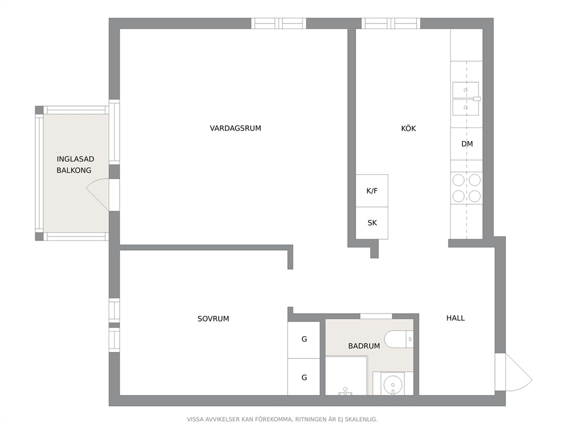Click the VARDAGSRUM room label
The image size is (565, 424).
235,128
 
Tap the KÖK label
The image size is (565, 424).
408,128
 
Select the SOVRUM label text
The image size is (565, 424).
214,319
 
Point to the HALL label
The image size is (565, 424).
456,318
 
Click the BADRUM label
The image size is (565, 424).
364,346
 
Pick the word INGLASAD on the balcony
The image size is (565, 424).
75,159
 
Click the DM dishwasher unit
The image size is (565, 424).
466,144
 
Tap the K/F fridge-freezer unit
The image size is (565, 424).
372,191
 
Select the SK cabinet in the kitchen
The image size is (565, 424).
372,223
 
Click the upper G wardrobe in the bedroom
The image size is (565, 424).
304,339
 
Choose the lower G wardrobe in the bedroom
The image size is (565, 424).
304,377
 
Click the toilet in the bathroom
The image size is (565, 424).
399,339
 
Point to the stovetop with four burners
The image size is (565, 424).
466,188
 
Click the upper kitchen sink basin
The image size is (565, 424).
465,90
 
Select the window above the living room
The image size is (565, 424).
279,23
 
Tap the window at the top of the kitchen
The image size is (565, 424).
391,23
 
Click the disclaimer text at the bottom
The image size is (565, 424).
282,419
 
